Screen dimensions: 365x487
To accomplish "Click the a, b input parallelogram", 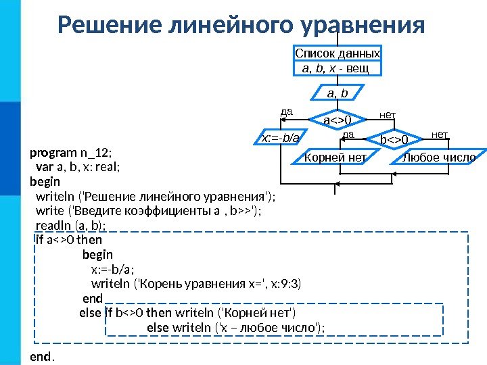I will [x=337, y=92].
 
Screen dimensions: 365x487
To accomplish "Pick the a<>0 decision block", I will [x=336, y=120].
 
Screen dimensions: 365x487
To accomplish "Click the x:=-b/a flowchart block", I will [x=280, y=139].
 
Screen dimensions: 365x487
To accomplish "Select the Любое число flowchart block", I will [x=439, y=157].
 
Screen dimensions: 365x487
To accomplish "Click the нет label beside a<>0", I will [x=388, y=116].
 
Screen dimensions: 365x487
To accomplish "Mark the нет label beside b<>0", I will [x=440, y=135].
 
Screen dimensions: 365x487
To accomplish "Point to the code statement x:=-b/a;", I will [x=112, y=269].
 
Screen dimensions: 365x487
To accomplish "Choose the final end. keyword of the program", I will [x=41, y=356].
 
